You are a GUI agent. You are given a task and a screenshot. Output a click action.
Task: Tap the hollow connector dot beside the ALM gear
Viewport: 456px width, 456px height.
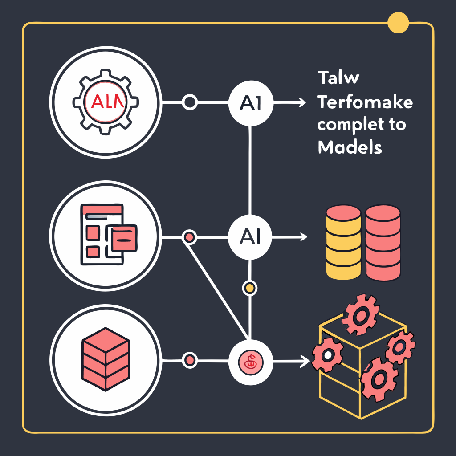[x=190, y=102]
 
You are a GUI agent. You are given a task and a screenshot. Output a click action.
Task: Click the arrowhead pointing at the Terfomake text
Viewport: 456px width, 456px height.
[x=303, y=103]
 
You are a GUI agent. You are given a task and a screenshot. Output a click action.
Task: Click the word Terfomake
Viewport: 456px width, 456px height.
[x=365, y=103]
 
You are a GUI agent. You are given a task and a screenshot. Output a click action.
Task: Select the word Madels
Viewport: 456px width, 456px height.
[x=350, y=147]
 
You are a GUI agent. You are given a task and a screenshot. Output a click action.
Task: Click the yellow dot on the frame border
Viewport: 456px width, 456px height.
[x=398, y=22]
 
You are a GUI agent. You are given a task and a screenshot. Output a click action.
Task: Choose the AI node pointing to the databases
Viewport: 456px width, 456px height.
[x=250, y=236]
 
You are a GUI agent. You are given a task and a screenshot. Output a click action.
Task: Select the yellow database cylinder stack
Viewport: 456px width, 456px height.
[x=343, y=242]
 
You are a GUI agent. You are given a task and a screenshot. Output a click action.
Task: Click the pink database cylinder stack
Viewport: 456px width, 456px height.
[x=383, y=242]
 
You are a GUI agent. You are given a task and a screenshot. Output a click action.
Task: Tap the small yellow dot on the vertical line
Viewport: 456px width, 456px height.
[x=250, y=288]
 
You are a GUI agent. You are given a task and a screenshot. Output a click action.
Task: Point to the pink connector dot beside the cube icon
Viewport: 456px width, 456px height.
[x=190, y=359]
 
